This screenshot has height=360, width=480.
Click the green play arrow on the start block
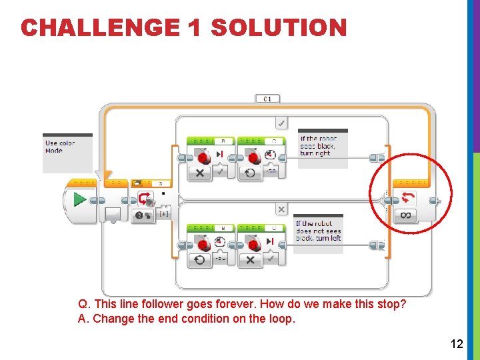pyautogui.click(x=79, y=199)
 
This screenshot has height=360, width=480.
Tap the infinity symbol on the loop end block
pyautogui.click(x=407, y=215)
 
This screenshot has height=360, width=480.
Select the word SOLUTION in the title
pyautogui.click(x=279, y=28)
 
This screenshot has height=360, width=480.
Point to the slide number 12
pyautogui.click(x=457, y=344)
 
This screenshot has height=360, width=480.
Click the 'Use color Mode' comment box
pyautogui.click(x=67, y=147)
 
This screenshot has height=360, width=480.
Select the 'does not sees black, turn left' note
pyautogui.click(x=318, y=231)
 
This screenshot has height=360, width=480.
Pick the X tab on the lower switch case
pyautogui.click(x=281, y=209)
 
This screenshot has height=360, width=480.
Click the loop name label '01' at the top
pyautogui.click(x=267, y=99)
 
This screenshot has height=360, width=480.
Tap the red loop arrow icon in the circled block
pyautogui.click(x=407, y=198)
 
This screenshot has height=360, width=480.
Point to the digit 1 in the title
pyautogui.click(x=195, y=28)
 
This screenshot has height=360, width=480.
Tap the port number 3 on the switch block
pyautogui.click(x=161, y=183)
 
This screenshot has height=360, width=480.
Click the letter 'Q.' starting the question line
pyautogui.click(x=83, y=305)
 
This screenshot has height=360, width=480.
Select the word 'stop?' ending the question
pyautogui.click(x=391, y=305)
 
